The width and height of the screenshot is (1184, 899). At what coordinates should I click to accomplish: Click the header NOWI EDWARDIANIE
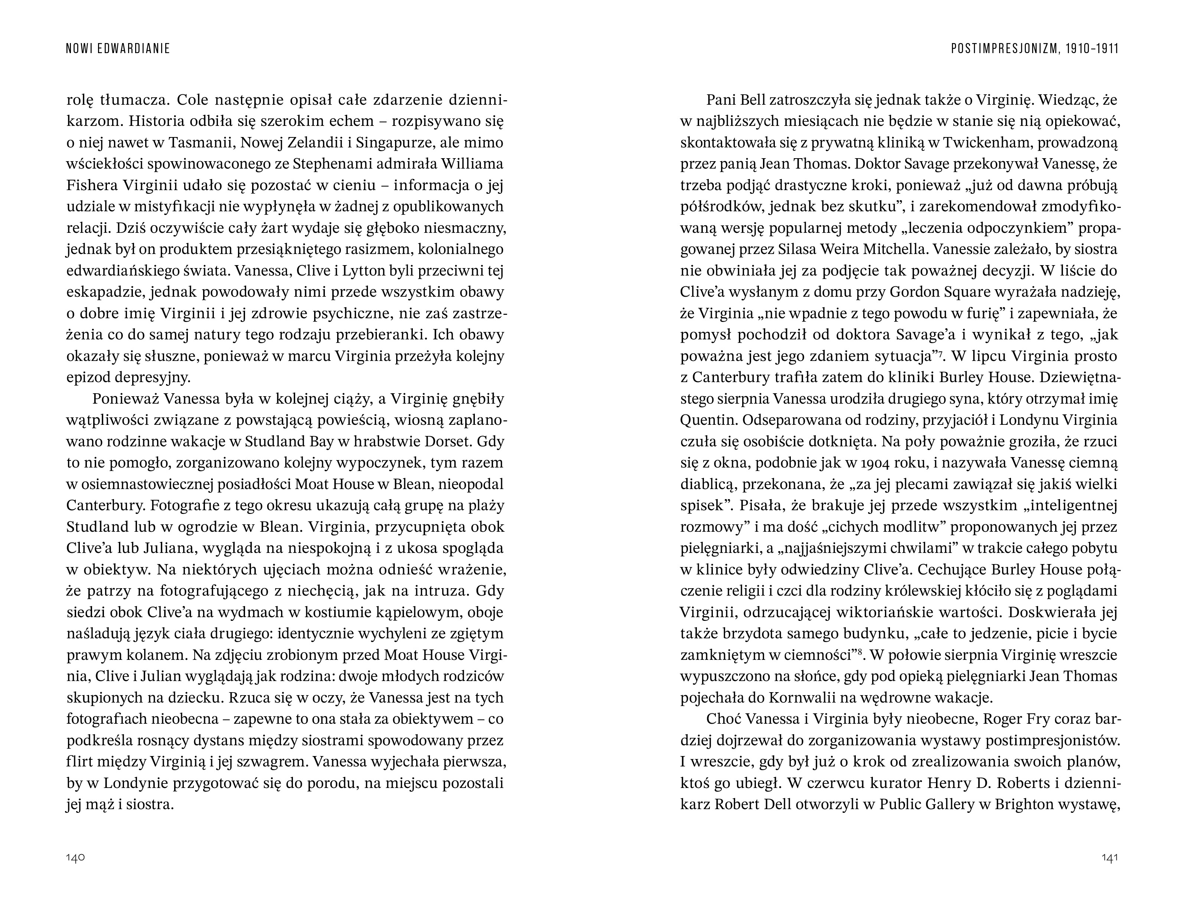(118, 49)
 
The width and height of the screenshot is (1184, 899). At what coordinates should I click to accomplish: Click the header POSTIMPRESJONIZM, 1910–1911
(1035, 49)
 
